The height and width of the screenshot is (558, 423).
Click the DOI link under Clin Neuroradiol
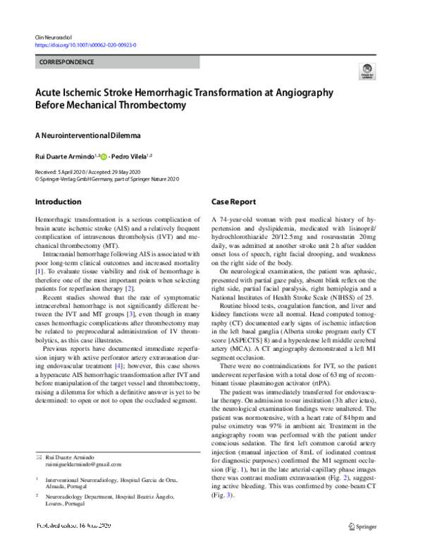tap(85, 44)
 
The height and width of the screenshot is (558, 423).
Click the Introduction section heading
tap(58, 202)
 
